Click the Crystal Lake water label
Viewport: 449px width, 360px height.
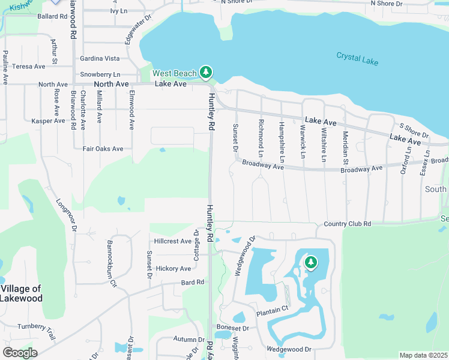pyautogui.click(x=356, y=56)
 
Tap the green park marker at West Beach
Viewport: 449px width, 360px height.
pyautogui.click(x=206, y=73)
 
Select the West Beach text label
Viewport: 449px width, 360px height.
pyautogui.click(x=174, y=74)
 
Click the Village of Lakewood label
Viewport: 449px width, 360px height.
pyautogui.click(x=21, y=293)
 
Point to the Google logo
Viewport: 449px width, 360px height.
pyautogui.click(x=19, y=352)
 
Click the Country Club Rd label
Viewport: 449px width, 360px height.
pyautogui.click(x=348, y=224)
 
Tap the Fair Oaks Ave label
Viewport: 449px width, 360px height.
pyautogui.click(x=104, y=149)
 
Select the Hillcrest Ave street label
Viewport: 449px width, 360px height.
pyautogui.click(x=173, y=241)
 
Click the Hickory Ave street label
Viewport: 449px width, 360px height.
pyautogui.click(x=173, y=268)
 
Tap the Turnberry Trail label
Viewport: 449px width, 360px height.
pyautogui.click(x=36, y=327)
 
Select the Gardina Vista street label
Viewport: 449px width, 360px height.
pyautogui.click(x=100, y=59)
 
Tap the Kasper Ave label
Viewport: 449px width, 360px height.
pyautogui.click(x=48, y=121)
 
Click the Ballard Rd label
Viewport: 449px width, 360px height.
pyautogui.click(x=52, y=16)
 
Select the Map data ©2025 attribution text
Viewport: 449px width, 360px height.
pyautogui.click(x=423, y=355)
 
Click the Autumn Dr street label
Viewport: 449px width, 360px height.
pyautogui.click(x=172, y=339)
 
